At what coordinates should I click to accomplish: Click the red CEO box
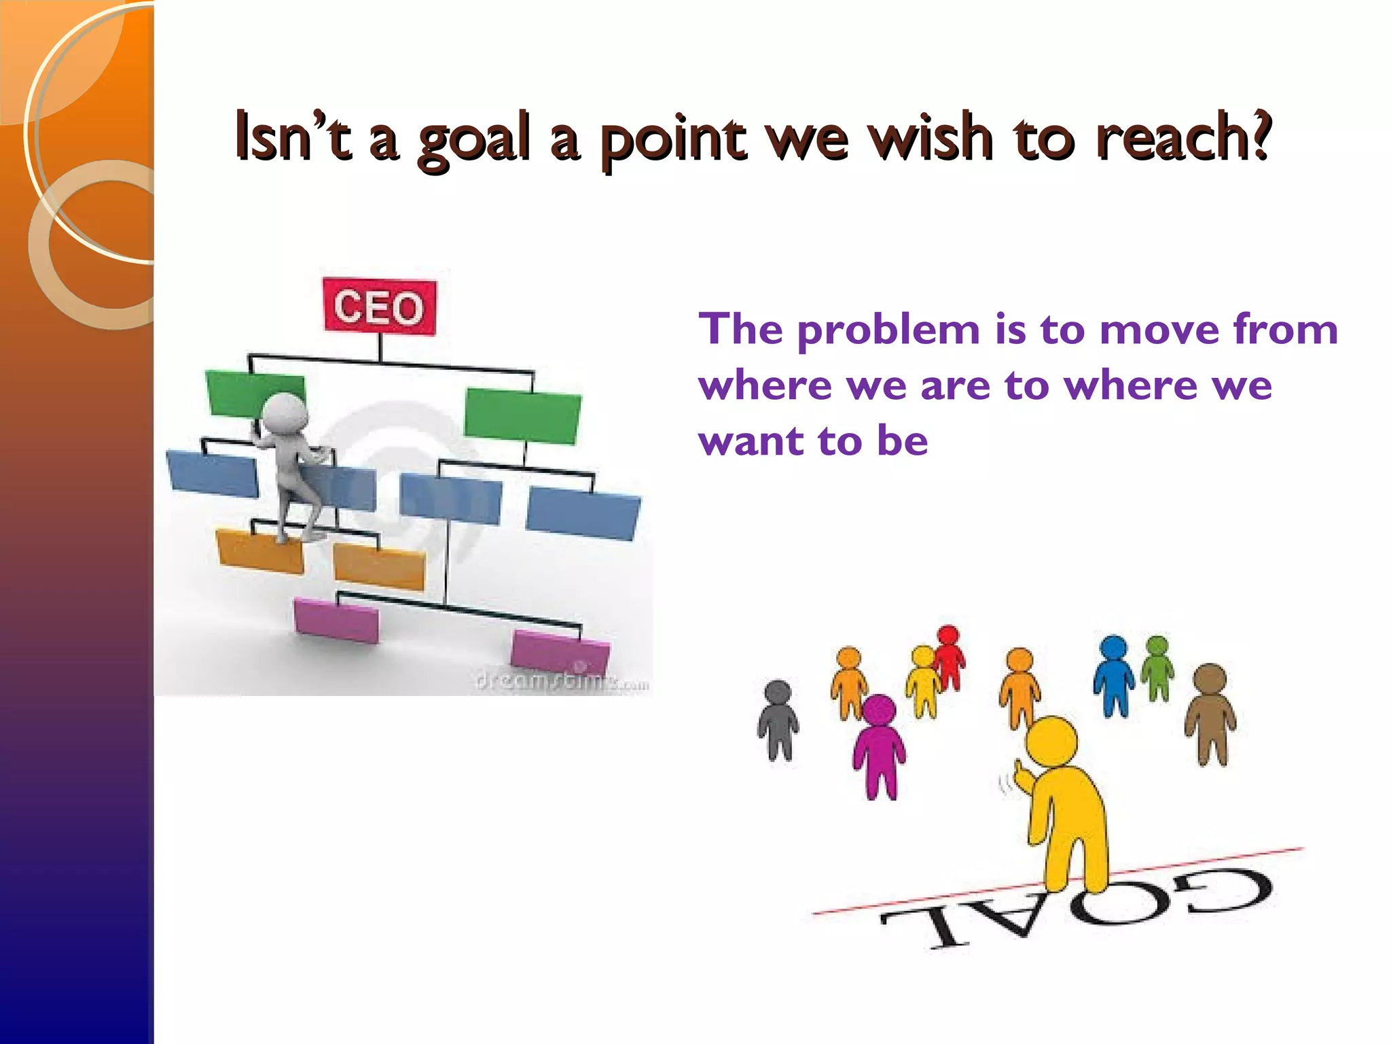click(x=380, y=307)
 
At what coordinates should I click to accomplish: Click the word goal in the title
click(x=473, y=139)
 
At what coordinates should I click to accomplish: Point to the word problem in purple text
click(x=888, y=331)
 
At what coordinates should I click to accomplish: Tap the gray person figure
click(x=778, y=720)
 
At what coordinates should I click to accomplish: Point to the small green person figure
click(x=1157, y=666)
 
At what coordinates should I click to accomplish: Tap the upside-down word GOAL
click(x=1077, y=907)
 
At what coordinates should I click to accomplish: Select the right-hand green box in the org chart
click(x=522, y=414)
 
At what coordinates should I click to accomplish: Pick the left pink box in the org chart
click(x=337, y=619)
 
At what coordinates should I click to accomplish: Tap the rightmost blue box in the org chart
click(x=583, y=513)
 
